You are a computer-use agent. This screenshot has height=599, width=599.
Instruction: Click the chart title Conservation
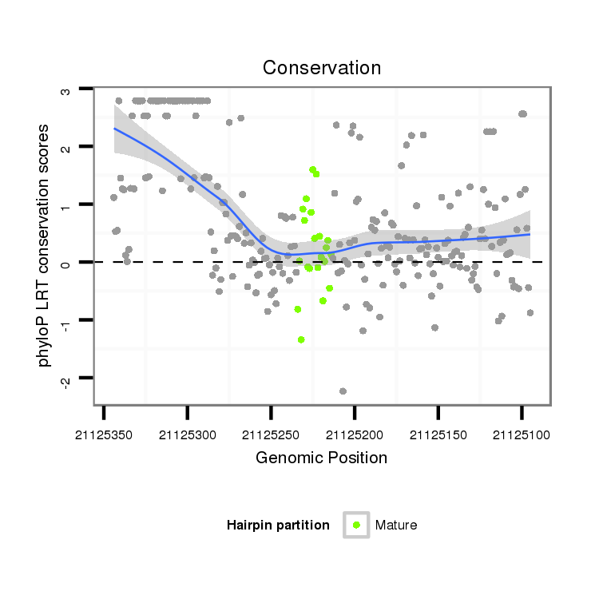click(x=322, y=68)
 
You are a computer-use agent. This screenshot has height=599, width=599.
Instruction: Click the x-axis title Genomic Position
click(x=321, y=458)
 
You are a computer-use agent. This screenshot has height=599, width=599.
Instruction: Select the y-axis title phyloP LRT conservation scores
click(x=45, y=245)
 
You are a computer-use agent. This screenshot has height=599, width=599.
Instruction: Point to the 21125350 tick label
click(x=105, y=436)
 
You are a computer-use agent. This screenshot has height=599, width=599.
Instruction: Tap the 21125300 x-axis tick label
click(x=188, y=436)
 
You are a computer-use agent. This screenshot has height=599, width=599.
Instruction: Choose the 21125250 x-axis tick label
click(x=272, y=436)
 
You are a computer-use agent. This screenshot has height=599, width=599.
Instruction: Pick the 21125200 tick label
click(x=355, y=436)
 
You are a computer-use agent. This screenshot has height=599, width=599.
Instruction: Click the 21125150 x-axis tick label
click(x=438, y=436)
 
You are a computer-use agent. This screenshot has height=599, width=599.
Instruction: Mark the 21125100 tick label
click(x=522, y=436)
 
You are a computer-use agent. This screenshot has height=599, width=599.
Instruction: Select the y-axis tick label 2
click(x=65, y=148)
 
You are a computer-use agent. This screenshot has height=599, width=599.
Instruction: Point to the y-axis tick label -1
click(x=65, y=321)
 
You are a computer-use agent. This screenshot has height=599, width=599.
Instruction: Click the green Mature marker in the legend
click(x=356, y=525)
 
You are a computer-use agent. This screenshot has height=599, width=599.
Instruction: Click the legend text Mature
click(x=396, y=525)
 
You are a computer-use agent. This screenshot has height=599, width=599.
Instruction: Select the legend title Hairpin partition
click(x=278, y=525)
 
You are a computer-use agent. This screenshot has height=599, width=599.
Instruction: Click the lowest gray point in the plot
click(x=343, y=391)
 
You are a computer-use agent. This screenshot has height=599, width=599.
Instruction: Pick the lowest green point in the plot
click(x=301, y=339)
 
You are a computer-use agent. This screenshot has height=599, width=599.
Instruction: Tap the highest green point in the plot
click(x=312, y=169)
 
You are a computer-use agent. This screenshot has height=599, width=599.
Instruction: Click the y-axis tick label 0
click(x=65, y=263)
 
